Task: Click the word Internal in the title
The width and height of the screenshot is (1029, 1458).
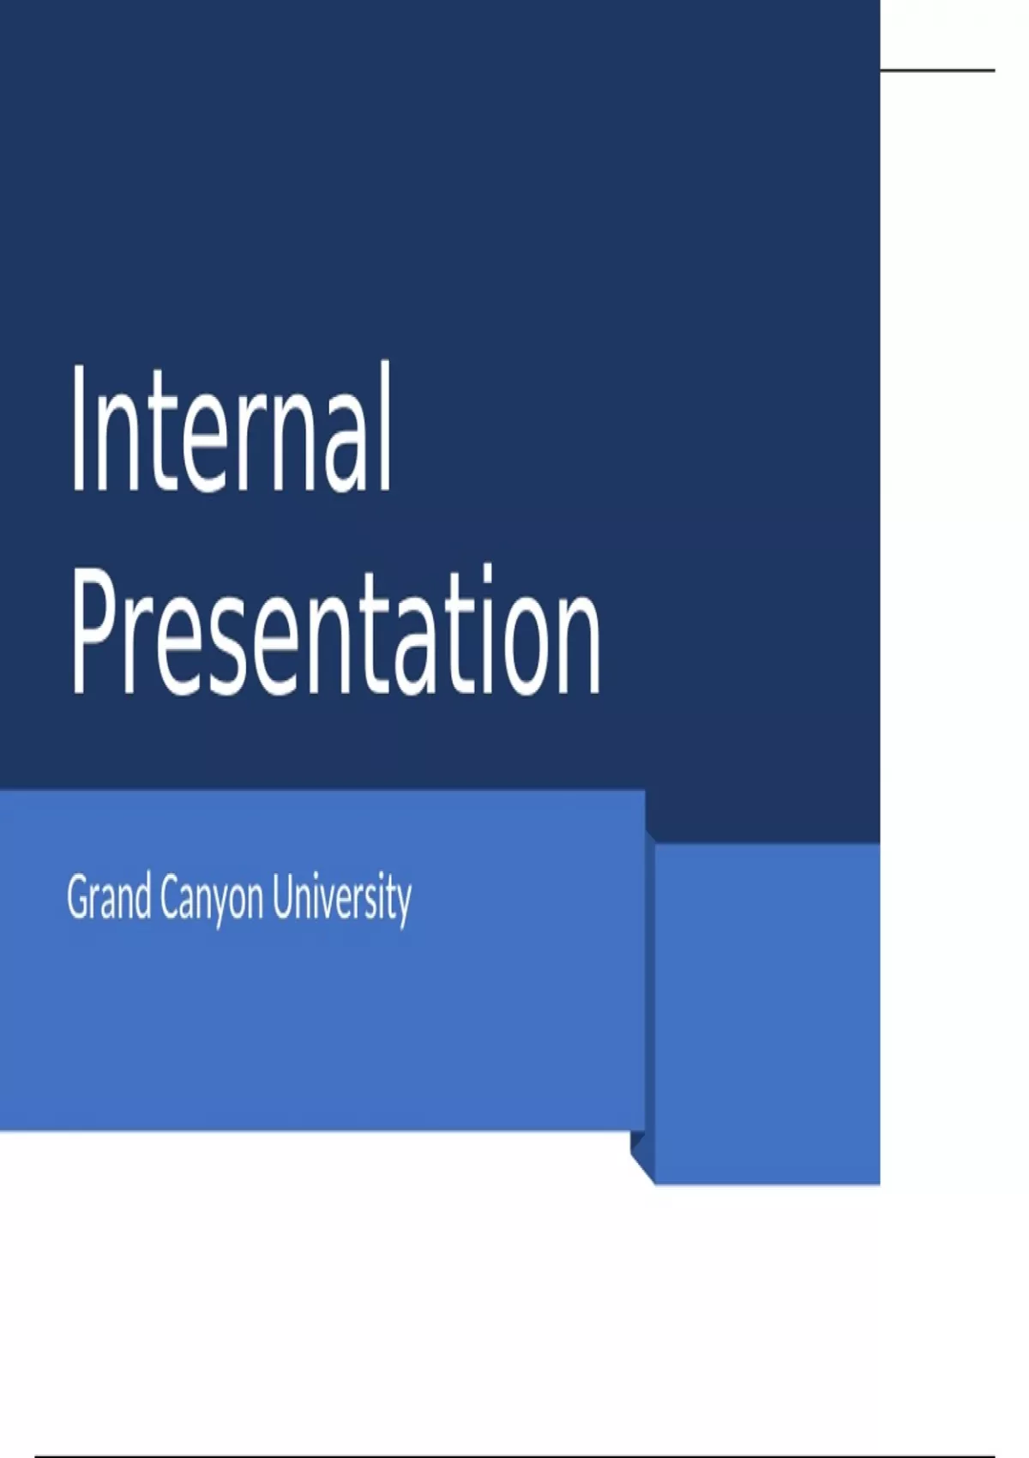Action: [x=231, y=428]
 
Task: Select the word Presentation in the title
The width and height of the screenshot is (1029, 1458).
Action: [x=335, y=630]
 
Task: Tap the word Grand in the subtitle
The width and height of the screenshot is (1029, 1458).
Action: [x=109, y=899]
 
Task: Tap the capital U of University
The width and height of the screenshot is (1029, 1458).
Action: [x=284, y=899]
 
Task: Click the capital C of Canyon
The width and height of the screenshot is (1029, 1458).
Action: [x=171, y=899]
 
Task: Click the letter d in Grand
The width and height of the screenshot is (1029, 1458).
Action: [x=141, y=899]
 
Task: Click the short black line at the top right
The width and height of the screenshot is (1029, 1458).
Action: [x=938, y=69]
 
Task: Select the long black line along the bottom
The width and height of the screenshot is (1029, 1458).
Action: [x=514, y=1456]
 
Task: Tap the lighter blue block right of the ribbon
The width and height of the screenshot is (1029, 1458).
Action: [x=767, y=1013]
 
